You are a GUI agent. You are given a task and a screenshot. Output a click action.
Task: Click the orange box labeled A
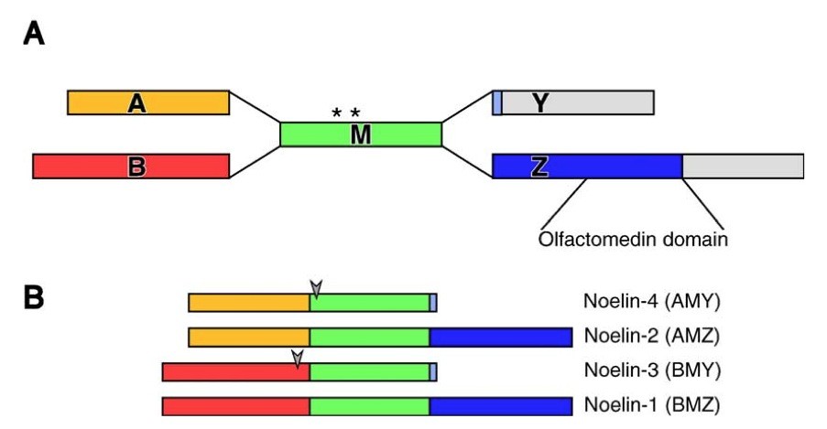click(x=148, y=102)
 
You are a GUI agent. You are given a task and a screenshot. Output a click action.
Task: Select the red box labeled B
click(x=130, y=166)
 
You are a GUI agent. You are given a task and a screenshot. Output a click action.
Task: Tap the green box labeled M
click(x=361, y=134)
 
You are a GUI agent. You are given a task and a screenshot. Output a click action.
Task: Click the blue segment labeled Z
click(x=587, y=166)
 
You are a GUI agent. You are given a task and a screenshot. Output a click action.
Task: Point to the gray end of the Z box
click(x=743, y=166)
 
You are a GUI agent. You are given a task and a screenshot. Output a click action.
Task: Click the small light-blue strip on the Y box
click(x=497, y=102)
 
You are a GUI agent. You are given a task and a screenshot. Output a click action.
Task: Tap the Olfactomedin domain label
click(x=634, y=241)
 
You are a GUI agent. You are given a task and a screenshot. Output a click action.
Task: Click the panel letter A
click(x=33, y=35)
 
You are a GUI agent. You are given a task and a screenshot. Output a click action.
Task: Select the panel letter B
click(x=33, y=298)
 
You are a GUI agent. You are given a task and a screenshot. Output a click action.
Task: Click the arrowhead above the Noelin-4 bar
click(x=316, y=288)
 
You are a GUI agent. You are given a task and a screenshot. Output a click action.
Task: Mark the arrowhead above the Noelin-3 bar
click(x=297, y=358)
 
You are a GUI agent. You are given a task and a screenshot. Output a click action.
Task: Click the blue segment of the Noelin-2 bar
click(x=500, y=338)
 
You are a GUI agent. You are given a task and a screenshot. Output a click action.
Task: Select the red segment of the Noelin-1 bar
click(x=235, y=405)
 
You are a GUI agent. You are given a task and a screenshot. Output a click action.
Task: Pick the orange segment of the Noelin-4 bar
click(x=248, y=303)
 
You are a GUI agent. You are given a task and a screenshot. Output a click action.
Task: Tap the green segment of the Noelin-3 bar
click(x=369, y=371)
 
